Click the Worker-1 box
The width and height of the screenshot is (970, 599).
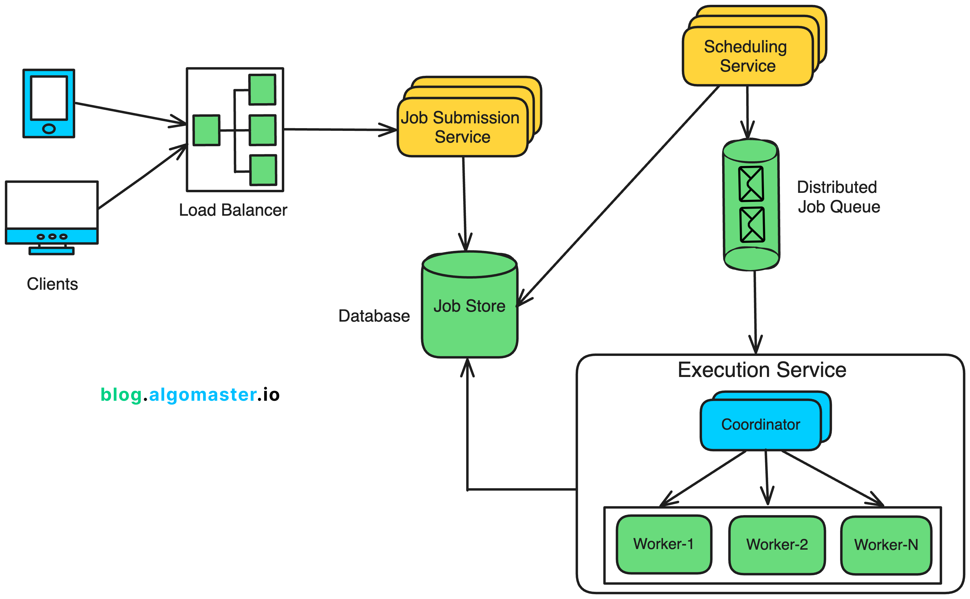pos(664,544)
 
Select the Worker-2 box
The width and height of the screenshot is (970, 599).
pos(777,545)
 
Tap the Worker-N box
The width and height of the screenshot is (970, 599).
pos(886,545)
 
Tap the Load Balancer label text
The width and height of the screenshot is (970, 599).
pos(233,210)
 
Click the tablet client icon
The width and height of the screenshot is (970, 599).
pos(49,103)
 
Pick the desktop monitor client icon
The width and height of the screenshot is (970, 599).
pos(51,216)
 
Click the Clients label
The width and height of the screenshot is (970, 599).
pos(52,284)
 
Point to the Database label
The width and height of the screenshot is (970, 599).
pos(374,316)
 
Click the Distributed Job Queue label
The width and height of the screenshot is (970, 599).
pos(838,197)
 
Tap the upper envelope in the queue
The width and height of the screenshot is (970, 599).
pos(751,184)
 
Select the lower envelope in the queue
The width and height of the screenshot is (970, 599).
pos(752,225)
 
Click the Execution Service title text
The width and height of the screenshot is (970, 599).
pos(762,370)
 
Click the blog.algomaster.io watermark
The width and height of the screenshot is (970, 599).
pos(190,395)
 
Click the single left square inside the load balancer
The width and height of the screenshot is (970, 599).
pos(206,130)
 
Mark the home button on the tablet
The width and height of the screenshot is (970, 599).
pos(49,129)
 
